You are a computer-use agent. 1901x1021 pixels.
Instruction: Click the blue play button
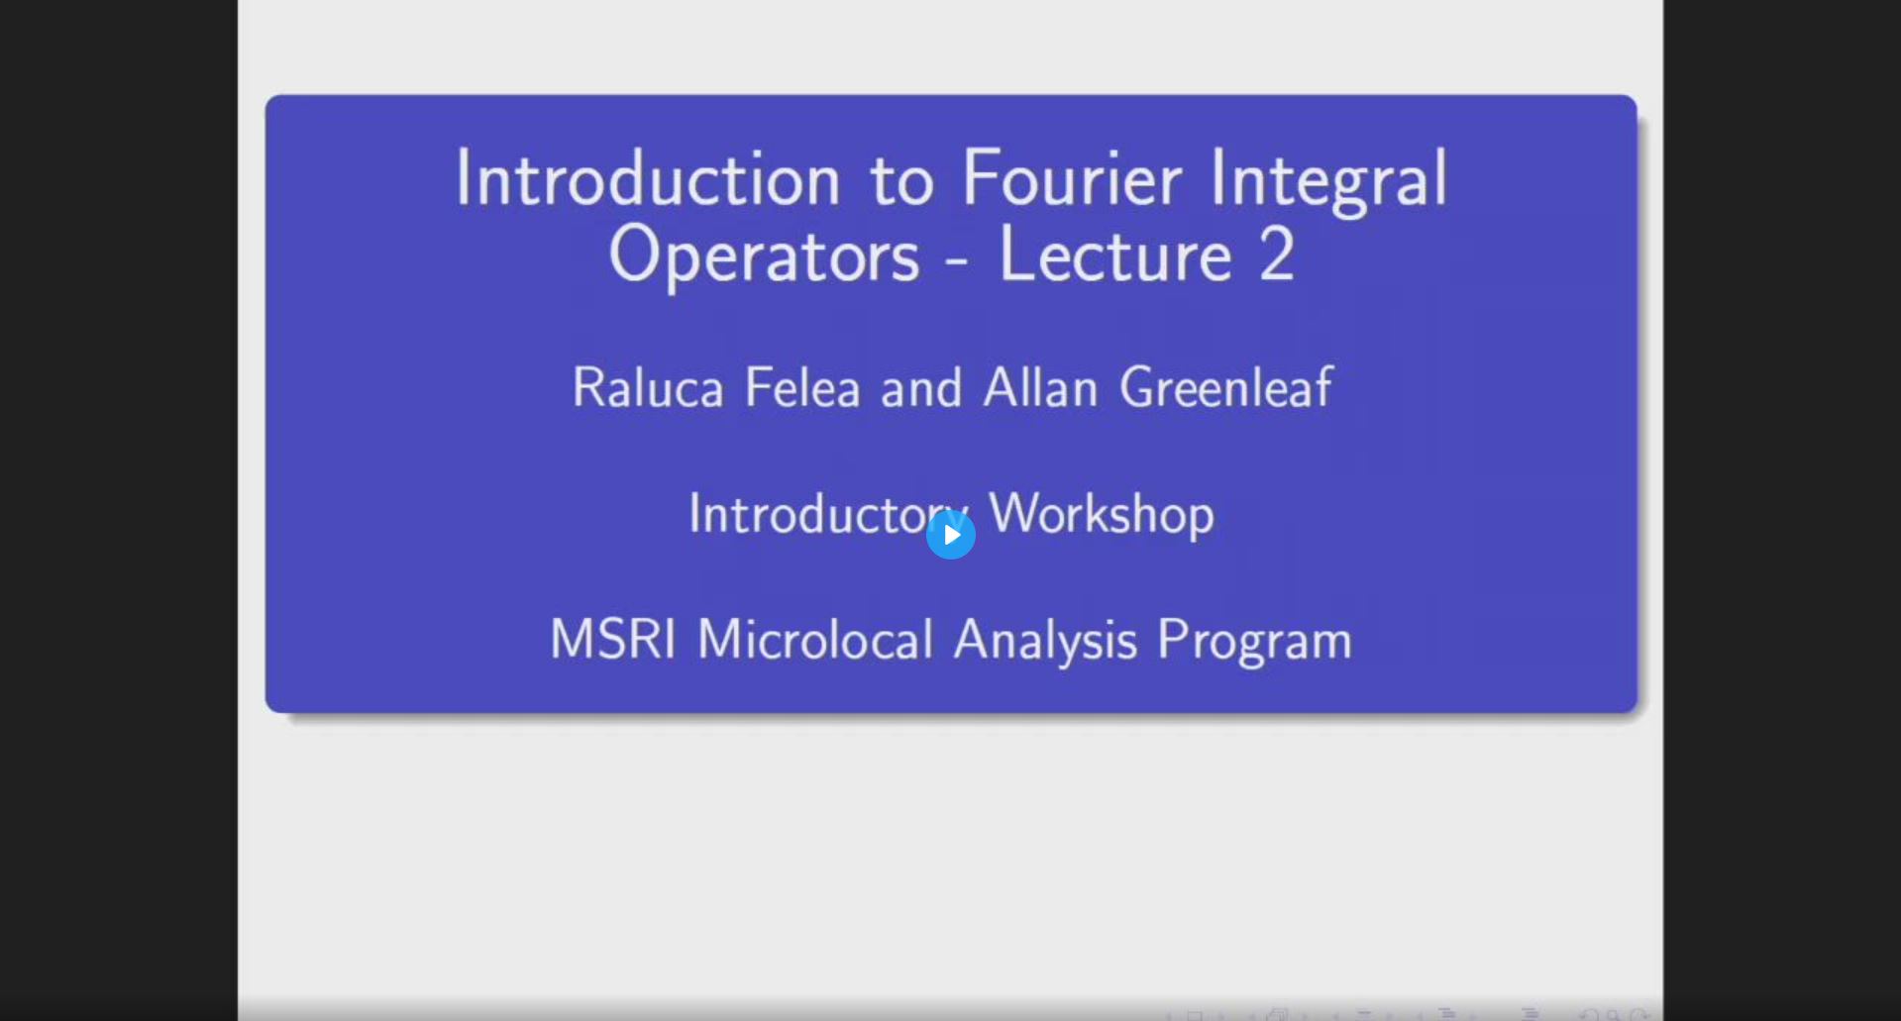pyautogui.click(x=950, y=535)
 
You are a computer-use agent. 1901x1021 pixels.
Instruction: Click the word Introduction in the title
pyautogui.click(x=648, y=180)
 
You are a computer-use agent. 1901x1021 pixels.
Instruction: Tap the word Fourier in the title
pyautogui.click(x=1071, y=180)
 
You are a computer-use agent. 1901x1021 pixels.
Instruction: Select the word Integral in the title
pyautogui.click(x=1327, y=180)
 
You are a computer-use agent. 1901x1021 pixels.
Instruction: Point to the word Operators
pyautogui.click(x=764, y=256)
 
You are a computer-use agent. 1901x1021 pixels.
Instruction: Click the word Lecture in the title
pyautogui.click(x=1115, y=256)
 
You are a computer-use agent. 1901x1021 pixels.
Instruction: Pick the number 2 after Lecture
pyautogui.click(x=1277, y=256)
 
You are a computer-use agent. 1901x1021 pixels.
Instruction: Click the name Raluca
pyautogui.click(x=648, y=388)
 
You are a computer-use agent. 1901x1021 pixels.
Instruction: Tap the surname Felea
pyautogui.click(x=802, y=388)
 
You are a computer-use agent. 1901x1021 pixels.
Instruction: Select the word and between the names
pyautogui.click(x=921, y=388)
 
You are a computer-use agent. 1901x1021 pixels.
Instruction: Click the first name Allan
pyautogui.click(x=1040, y=388)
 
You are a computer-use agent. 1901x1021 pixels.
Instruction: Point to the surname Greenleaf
pyautogui.click(x=1225, y=388)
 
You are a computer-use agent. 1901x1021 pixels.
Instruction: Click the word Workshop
pyautogui.click(x=1102, y=514)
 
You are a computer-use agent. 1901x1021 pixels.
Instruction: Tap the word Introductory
pyautogui.click(x=812, y=514)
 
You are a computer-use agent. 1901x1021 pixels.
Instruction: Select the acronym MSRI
pyautogui.click(x=612, y=640)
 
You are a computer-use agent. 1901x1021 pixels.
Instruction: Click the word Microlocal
pyautogui.click(x=815, y=640)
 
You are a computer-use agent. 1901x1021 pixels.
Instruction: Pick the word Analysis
pyautogui.click(x=1045, y=640)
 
